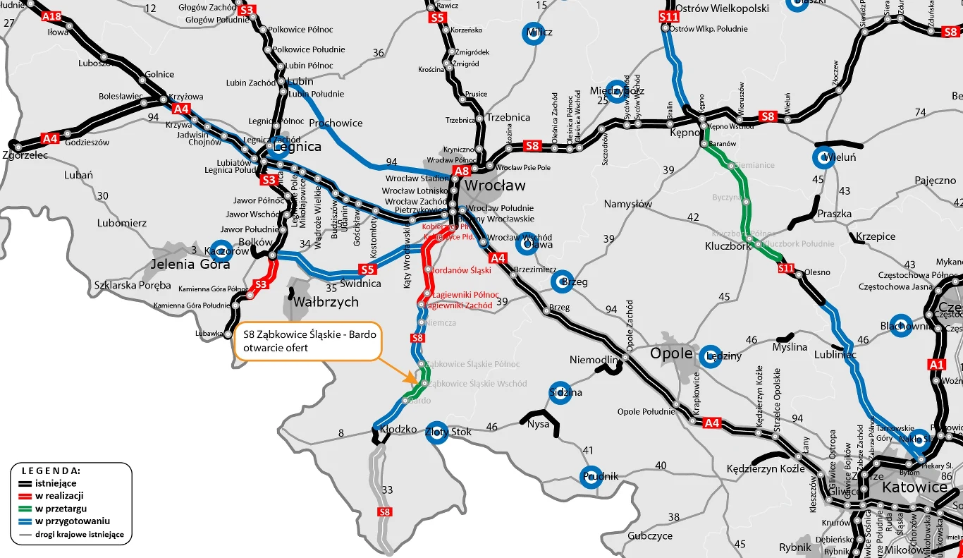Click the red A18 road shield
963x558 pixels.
pyautogui.click(x=51, y=16)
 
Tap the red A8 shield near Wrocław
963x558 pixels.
pyautogui.click(x=461, y=171)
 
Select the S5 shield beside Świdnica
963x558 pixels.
pyautogui.click(x=367, y=269)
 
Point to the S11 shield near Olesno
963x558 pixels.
pyautogui.click(x=787, y=268)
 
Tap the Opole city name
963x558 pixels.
pyautogui.click(x=671, y=353)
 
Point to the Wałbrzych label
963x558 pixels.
pyautogui.click(x=325, y=302)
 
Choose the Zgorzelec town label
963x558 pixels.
pyautogui.click(x=25, y=154)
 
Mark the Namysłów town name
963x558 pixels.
pyautogui.click(x=628, y=204)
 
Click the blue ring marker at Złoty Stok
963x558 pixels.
pyautogui.click(x=437, y=432)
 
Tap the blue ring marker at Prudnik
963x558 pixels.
pyautogui.click(x=591, y=477)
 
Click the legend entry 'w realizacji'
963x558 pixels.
pyautogui.click(x=59, y=496)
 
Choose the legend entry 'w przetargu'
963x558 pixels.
pyautogui.click(x=59, y=509)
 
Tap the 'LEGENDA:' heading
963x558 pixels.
pyautogui.click(x=51, y=471)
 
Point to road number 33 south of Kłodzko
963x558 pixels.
pyautogui.click(x=387, y=490)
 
